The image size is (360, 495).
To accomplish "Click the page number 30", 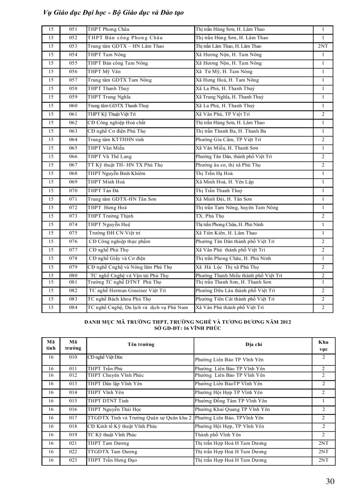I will pos(330,481).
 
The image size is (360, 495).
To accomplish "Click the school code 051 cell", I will pos(73,29).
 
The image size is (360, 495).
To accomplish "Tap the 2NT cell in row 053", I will pos(323,46).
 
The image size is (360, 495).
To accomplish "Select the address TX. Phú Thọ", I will pos(210,216).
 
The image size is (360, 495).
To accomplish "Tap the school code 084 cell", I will pos(73,307).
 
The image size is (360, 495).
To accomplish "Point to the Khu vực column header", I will pos(323,345).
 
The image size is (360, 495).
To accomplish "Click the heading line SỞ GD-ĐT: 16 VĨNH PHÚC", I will pos(187,328).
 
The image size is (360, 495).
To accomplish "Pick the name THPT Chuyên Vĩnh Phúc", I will pos(116,375).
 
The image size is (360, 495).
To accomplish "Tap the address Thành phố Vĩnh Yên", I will pos(218,435).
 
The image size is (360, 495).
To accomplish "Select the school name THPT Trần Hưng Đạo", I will pos(112,460).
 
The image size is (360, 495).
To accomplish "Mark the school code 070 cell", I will pos(73,190).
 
